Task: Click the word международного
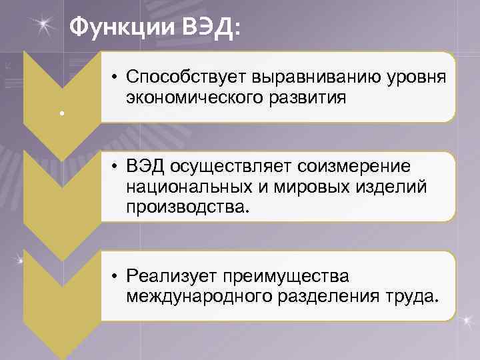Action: (x=197, y=295)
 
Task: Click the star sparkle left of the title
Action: (x=45, y=25)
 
